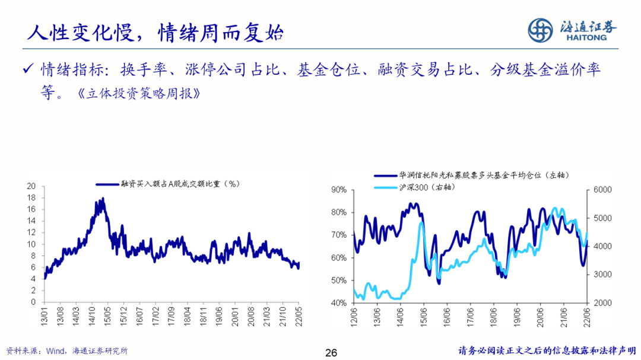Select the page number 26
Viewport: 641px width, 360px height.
(331, 353)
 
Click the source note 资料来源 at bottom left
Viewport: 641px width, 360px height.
(66, 351)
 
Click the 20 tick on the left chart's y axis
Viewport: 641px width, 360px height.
(31, 186)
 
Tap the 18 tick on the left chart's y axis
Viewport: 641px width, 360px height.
(31, 197)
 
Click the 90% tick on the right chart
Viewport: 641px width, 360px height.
(338, 190)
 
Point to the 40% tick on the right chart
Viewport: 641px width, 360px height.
(338, 303)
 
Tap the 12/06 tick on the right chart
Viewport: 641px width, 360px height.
(354, 315)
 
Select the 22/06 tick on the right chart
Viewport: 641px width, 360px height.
(586, 315)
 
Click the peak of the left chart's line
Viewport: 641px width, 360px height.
(103, 199)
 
